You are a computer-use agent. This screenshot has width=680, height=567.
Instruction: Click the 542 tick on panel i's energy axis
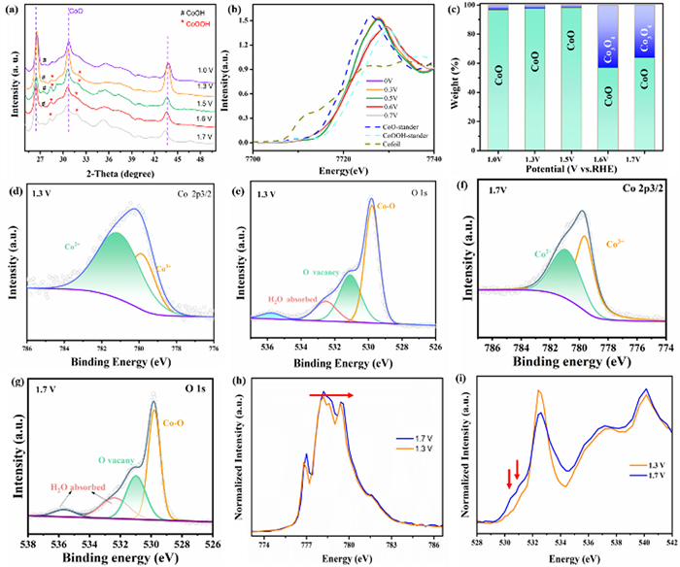(x=672, y=533)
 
